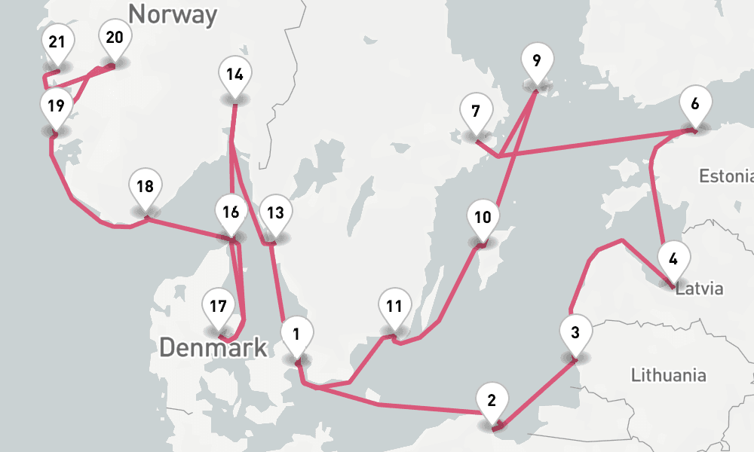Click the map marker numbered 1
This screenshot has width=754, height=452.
(x=297, y=334)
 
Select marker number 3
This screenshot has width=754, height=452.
(x=575, y=333)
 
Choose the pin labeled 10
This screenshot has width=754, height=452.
(x=483, y=218)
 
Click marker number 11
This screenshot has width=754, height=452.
(x=394, y=307)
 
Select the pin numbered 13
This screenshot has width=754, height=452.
(x=275, y=212)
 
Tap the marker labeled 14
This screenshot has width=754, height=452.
(x=234, y=75)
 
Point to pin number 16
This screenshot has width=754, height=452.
(x=231, y=212)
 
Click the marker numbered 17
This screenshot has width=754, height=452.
(x=218, y=308)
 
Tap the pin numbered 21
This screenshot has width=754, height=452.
(x=57, y=43)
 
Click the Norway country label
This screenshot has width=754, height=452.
(x=173, y=14)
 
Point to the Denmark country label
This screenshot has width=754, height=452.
(x=213, y=347)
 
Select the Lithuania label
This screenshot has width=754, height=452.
(x=668, y=374)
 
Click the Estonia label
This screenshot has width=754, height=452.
(x=725, y=176)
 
